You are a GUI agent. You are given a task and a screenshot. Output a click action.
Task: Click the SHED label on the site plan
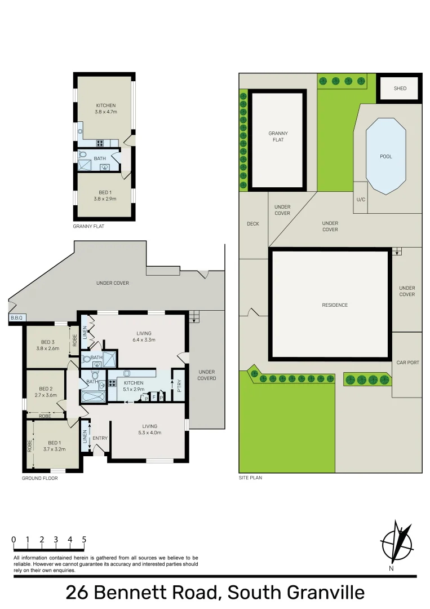400,89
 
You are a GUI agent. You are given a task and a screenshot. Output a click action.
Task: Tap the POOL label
386,157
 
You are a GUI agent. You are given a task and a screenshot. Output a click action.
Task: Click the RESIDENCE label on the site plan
335,305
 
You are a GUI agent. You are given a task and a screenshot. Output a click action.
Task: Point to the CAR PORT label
407,363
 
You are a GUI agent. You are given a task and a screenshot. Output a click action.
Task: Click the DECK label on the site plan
253,224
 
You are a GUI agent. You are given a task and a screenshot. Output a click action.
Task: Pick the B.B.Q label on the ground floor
16,318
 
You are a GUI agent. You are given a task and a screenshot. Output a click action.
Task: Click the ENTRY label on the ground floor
100,438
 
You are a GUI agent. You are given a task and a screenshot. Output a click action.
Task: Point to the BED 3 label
48,342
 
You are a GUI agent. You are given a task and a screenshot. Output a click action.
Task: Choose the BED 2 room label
46,389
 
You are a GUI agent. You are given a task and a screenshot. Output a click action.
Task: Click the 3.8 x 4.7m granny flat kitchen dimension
105,112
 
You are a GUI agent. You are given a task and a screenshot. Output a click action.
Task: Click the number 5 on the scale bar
84,540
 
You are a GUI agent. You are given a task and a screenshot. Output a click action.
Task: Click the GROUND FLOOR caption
39,478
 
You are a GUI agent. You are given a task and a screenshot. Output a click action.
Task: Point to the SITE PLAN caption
250,478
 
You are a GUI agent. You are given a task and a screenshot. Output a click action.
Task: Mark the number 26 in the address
78,593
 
